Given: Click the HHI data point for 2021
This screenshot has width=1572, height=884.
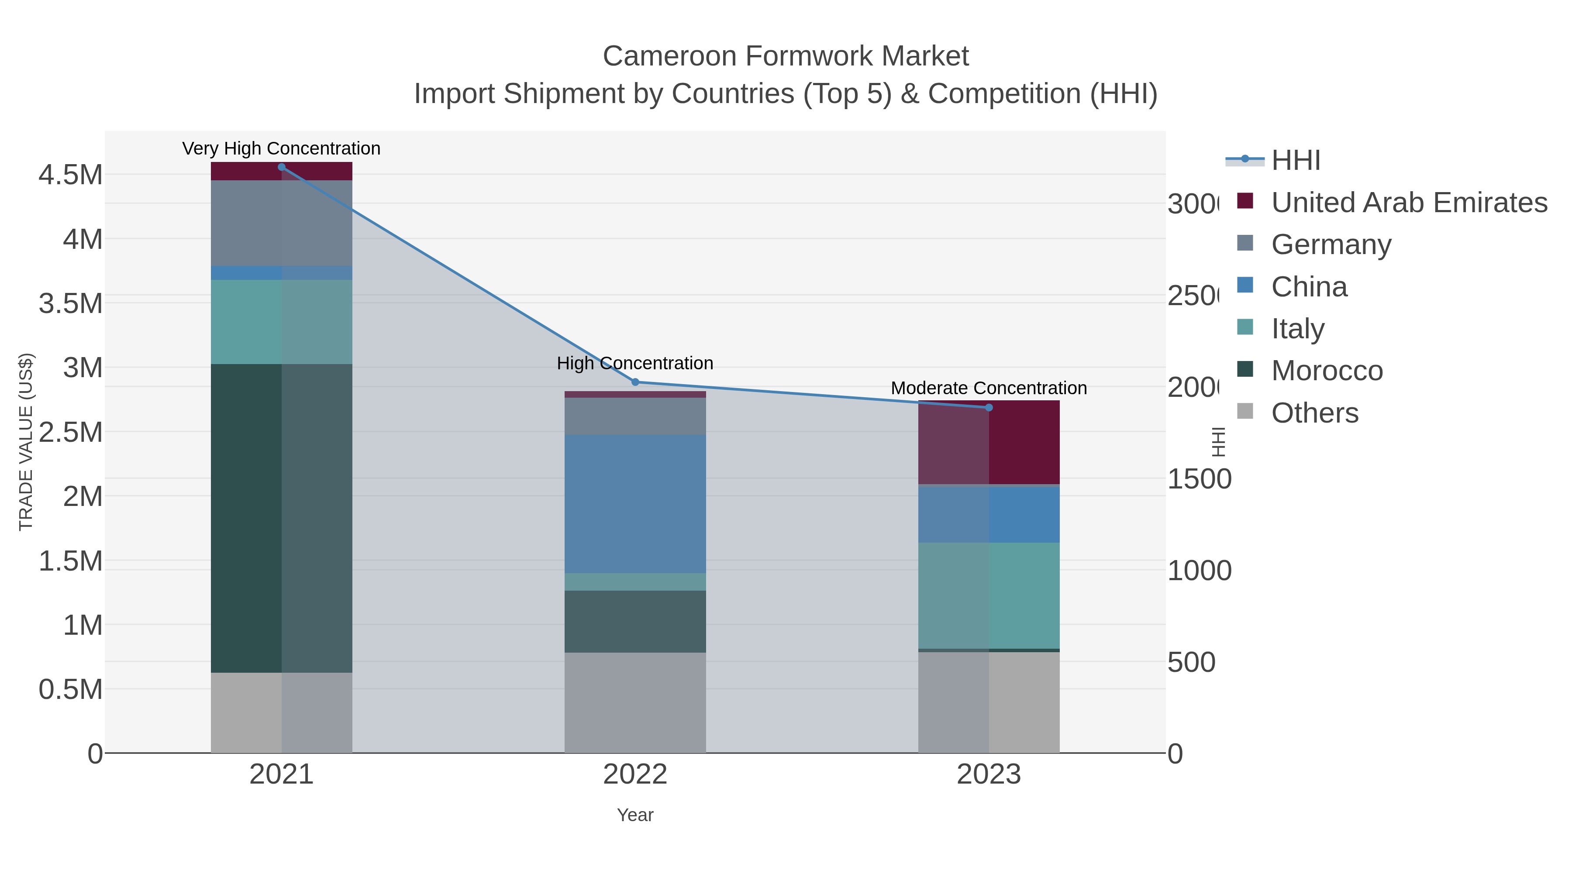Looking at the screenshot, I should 281,167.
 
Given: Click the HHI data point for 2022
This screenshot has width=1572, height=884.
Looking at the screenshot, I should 634,382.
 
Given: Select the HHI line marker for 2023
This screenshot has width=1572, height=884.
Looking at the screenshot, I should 989,408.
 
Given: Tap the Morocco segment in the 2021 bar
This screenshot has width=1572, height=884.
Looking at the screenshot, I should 281,519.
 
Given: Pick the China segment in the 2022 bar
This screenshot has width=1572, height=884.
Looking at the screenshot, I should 634,503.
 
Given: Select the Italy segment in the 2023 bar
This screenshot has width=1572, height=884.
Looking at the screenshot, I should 989,595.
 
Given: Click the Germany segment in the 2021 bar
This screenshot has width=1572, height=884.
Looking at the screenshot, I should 281,223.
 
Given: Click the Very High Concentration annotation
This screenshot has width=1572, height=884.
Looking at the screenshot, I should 281,148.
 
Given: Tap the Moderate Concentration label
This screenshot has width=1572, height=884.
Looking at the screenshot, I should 989,388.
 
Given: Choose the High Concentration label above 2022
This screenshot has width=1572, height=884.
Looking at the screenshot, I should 634,363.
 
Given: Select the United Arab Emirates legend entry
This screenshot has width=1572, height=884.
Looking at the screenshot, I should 1408,203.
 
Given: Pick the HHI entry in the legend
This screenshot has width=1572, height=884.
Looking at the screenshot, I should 1296,161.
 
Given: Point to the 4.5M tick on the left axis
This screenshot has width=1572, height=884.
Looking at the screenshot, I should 70,175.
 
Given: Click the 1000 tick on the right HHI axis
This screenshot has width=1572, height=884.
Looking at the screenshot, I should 1199,571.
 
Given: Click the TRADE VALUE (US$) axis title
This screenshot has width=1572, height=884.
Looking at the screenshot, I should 26,442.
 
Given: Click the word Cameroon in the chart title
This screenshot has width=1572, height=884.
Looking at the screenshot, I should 669,56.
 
